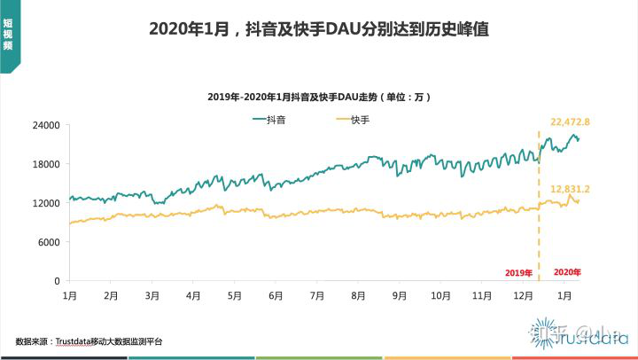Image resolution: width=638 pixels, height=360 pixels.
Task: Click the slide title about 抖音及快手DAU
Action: pyautogui.click(x=318, y=29)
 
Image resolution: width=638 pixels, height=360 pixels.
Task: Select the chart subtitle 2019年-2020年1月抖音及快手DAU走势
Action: pyautogui.click(x=319, y=95)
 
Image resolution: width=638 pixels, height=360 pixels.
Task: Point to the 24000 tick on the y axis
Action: pyautogui.click(x=45, y=125)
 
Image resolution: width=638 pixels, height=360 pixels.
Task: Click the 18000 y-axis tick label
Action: pyautogui.click(x=45, y=164)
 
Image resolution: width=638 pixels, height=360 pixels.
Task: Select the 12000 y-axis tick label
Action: pyautogui.click(x=45, y=203)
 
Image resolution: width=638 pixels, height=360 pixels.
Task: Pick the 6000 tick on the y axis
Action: pyautogui.click(x=48, y=242)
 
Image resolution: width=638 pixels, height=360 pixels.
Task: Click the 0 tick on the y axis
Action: pyautogui.click(x=56, y=281)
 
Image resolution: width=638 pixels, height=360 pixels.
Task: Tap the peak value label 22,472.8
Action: pyautogui.click(x=570, y=121)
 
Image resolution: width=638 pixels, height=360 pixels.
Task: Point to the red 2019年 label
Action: pyautogui.click(x=517, y=272)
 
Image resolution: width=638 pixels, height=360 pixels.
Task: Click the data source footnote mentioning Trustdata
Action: pyautogui.click(x=89, y=340)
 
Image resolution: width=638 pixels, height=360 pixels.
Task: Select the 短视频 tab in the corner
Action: pyautogui.click(x=9, y=35)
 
